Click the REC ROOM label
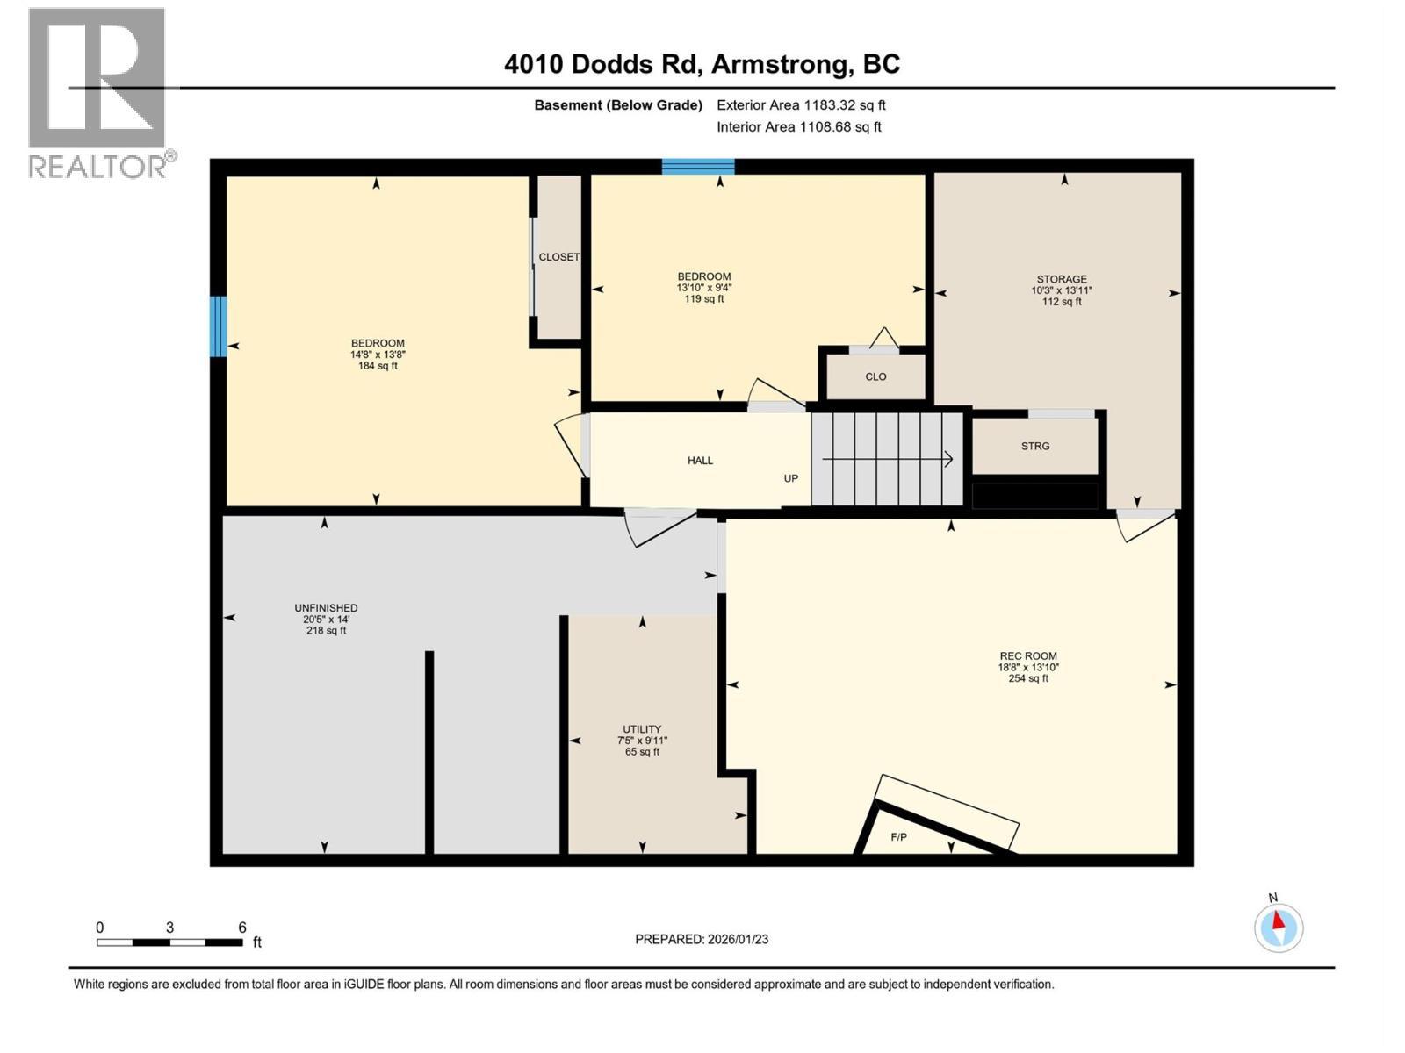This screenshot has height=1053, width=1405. (x=1028, y=655)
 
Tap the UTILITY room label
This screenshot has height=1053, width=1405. (x=642, y=729)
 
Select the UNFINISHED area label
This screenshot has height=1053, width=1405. (x=326, y=608)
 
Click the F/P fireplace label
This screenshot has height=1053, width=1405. (x=898, y=837)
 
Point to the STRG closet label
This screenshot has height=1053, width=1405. (x=1035, y=446)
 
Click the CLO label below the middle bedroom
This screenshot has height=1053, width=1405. (x=875, y=376)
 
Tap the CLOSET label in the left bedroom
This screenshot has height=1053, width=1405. (x=558, y=257)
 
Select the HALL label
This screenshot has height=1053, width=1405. (x=700, y=460)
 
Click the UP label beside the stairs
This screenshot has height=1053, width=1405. (x=791, y=478)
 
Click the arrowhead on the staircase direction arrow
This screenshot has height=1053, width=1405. (x=948, y=458)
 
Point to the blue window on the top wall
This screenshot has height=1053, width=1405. (x=698, y=167)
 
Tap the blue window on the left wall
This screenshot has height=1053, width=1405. (x=218, y=326)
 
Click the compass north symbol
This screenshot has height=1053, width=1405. (x=1279, y=927)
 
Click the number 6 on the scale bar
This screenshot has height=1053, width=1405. (x=242, y=928)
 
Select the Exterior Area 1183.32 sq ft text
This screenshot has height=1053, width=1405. (x=801, y=104)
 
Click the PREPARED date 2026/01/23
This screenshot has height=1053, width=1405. (x=702, y=939)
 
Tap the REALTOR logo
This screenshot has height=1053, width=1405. (x=98, y=92)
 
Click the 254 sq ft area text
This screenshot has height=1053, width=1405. (x=1028, y=678)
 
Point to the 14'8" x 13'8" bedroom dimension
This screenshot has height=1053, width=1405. (x=378, y=355)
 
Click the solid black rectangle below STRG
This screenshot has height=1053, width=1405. (x=1035, y=496)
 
